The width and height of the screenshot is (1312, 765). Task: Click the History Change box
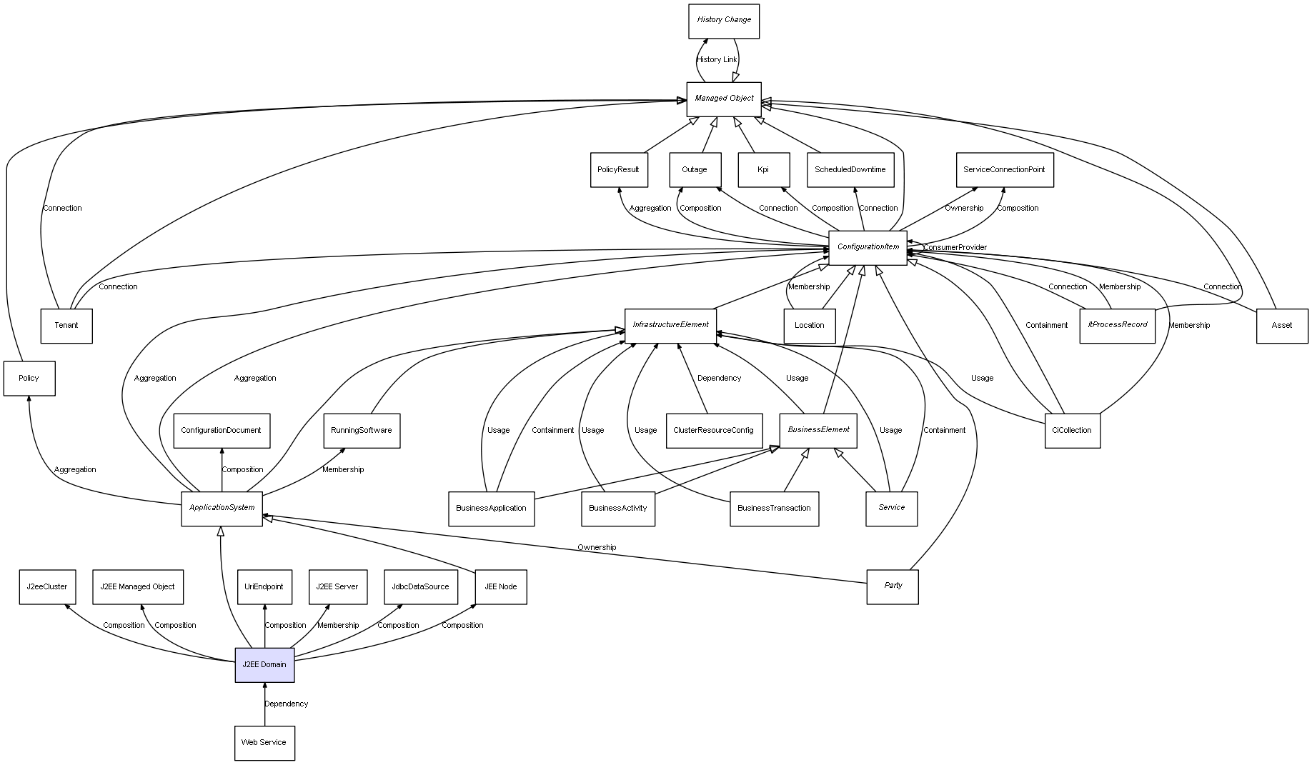coord(723,21)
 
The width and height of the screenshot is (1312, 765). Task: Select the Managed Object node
coord(723,99)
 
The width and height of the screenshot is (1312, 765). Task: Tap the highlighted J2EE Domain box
coord(264,664)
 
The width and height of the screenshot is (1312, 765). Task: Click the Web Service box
coord(264,743)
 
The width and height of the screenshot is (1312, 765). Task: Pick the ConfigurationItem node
coord(868,247)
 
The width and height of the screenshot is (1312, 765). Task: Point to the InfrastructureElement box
coord(670,325)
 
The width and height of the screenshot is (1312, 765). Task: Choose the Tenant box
coord(66,326)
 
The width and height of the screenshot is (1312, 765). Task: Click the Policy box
coord(29,378)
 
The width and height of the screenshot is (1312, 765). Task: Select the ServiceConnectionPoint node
coord(1004,170)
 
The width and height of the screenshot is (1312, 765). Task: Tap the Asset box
coord(1282,326)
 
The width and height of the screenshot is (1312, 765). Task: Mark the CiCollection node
coord(1072,431)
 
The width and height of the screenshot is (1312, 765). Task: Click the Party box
coord(893,586)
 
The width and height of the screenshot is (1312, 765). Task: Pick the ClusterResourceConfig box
coord(712,431)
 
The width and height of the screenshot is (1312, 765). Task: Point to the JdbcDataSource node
coord(420,586)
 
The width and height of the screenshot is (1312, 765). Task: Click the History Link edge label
coord(717,60)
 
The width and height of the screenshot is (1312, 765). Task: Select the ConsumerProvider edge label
coord(955,248)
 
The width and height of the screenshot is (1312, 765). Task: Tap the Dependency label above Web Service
coord(287,704)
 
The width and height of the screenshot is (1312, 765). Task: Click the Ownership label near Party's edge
coord(597,547)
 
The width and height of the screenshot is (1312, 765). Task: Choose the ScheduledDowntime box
coord(850,170)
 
